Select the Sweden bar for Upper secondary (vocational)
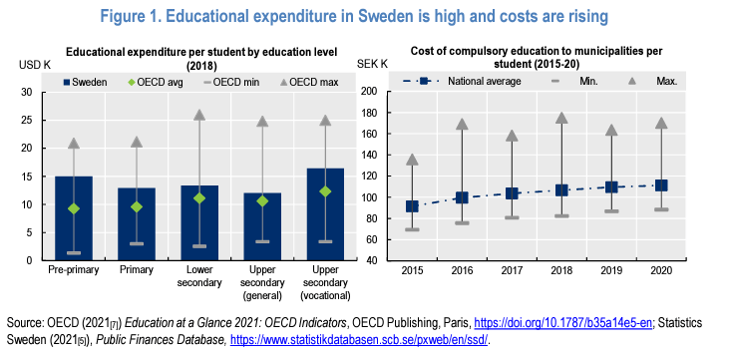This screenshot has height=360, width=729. (325, 213)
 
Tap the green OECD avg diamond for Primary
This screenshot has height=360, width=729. (137, 206)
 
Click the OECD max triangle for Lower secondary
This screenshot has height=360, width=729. (199, 116)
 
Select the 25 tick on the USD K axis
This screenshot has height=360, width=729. (26, 121)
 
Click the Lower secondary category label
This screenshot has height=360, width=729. (199, 275)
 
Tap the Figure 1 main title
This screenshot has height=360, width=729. (364, 17)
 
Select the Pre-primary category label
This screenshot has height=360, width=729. (74, 269)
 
